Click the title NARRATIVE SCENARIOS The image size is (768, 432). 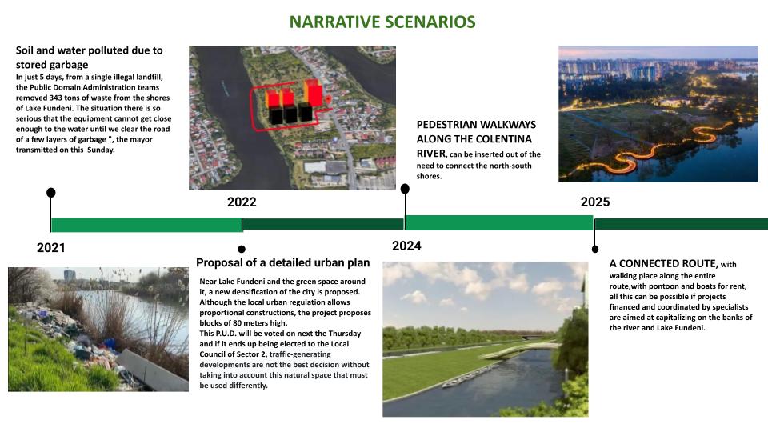pos(382,22)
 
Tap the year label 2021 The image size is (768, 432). pos(51,248)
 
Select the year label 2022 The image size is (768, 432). pos(242,202)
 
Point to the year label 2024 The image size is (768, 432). pos(406,246)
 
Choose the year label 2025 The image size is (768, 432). pos(595,202)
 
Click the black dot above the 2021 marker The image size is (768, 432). pos(51,193)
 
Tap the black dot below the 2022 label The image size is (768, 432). pos(242,250)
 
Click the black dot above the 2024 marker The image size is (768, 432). pos(405,189)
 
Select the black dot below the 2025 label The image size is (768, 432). pos(595,250)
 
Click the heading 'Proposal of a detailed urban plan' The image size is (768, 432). pos(282,263)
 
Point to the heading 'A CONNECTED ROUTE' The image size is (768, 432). pos(664,263)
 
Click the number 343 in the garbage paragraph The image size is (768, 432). pos(56,98)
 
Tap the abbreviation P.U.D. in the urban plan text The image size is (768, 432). pos(226,334)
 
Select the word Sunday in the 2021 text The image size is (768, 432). pos(101,150)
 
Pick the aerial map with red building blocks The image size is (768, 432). pos(293,118)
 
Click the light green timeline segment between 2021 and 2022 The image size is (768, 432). pos(146,225)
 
